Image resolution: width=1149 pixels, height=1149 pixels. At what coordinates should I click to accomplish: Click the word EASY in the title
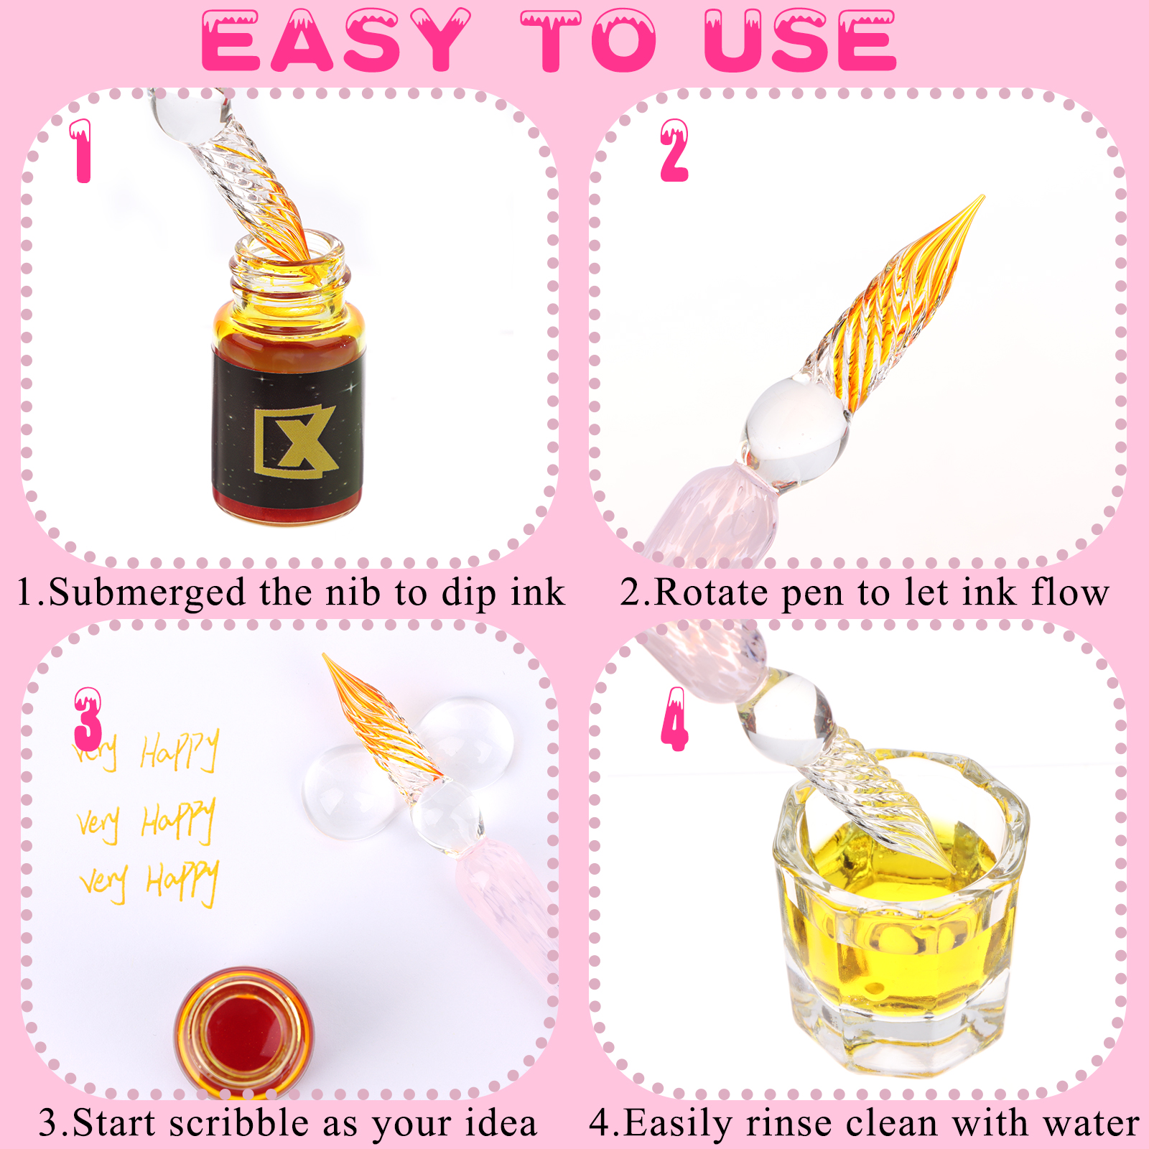point(336,40)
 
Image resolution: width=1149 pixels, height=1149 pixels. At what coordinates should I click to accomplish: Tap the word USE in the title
point(800,40)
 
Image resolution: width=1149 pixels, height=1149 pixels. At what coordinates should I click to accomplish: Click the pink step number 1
point(82,151)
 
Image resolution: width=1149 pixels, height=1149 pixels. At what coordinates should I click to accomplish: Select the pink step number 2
point(674,150)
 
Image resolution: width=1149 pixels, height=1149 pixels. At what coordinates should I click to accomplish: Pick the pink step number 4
point(674,719)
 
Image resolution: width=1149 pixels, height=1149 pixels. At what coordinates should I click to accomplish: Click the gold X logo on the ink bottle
point(295,441)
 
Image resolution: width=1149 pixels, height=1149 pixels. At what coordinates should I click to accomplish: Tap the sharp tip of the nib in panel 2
point(982,196)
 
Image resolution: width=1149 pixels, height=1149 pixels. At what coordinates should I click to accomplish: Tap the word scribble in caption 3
point(239,1123)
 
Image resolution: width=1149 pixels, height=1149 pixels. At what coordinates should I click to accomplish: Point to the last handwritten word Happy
point(182,882)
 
